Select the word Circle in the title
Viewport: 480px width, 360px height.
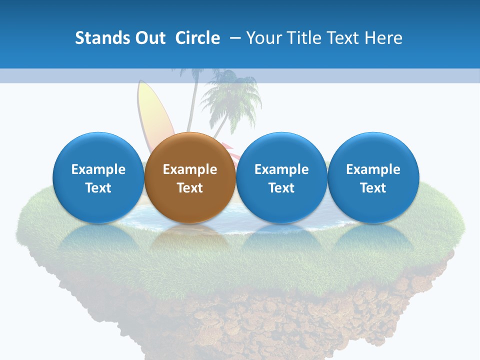[x=197, y=38]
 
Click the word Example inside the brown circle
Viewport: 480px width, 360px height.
[x=190, y=169]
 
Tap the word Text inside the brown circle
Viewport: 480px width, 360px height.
[x=190, y=188]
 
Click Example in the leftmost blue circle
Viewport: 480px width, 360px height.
[x=98, y=169]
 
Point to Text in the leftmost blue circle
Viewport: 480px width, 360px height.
[x=98, y=188]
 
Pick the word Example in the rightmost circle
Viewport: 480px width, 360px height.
[x=373, y=169]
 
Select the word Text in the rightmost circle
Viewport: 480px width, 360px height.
[x=373, y=188]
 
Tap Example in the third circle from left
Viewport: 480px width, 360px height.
[x=281, y=169]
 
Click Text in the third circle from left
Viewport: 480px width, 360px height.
[x=281, y=188]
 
